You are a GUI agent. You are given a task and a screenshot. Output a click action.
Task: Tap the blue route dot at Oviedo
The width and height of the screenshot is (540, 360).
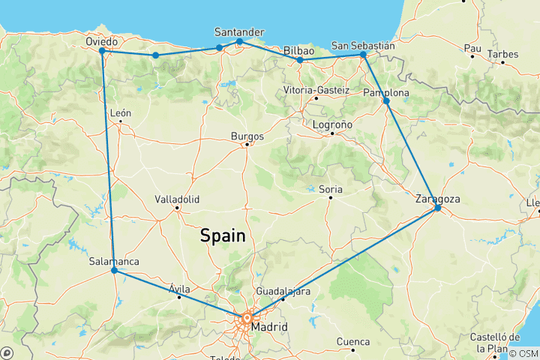pyautogui.click(x=101, y=51)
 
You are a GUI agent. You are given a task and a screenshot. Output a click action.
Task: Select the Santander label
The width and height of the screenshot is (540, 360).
pyautogui.click(x=238, y=32)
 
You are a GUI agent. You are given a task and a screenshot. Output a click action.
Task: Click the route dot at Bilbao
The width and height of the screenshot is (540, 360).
pyautogui.click(x=300, y=60)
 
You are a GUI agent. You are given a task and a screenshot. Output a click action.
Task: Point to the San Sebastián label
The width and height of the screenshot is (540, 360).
pyautogui.click(x=363, y=46)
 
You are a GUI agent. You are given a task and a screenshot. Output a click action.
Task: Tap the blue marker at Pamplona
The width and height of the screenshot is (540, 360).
pyautogui.click(x=386, y=100)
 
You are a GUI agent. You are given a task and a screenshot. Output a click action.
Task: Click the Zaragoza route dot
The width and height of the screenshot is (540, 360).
pyautogui.click(x=437, y=208)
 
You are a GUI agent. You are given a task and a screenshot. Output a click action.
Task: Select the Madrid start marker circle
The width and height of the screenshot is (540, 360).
pyautogui.click(x=247, y=319)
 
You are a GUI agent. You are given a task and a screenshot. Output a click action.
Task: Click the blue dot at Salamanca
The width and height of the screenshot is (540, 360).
pyautogui.click(x=113, y=270)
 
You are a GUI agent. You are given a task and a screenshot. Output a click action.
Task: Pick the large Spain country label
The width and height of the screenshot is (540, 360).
pyautogui.click(x=223, y=235)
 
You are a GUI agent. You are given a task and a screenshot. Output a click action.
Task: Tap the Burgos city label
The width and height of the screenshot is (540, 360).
pyautogui.click(x=247, y=136)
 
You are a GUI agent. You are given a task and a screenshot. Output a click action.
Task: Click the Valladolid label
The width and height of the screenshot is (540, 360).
pyautogui.click(x=177, y=199)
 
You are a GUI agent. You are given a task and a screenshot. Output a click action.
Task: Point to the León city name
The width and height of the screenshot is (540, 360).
pyautogui.click(x=121, y=113)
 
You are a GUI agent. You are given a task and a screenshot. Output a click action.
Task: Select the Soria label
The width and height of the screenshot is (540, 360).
pyautogui.click(x=330, y=189)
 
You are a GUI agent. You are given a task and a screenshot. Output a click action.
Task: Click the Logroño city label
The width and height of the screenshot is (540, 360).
pyautogui.click(x=331, y=125)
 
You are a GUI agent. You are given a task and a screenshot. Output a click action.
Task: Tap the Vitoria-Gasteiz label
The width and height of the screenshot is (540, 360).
pyautogui.click(x=316, y=90)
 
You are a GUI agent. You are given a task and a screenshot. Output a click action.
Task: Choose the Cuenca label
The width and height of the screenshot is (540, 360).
pyautogui.click(x=353, y=341)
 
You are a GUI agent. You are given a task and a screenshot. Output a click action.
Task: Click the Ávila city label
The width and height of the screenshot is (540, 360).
pyautogui.click(x=180, y=289)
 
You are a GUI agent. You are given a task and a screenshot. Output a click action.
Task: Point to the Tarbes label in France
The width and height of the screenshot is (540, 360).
pyautogui.click(x=502, y=54)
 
